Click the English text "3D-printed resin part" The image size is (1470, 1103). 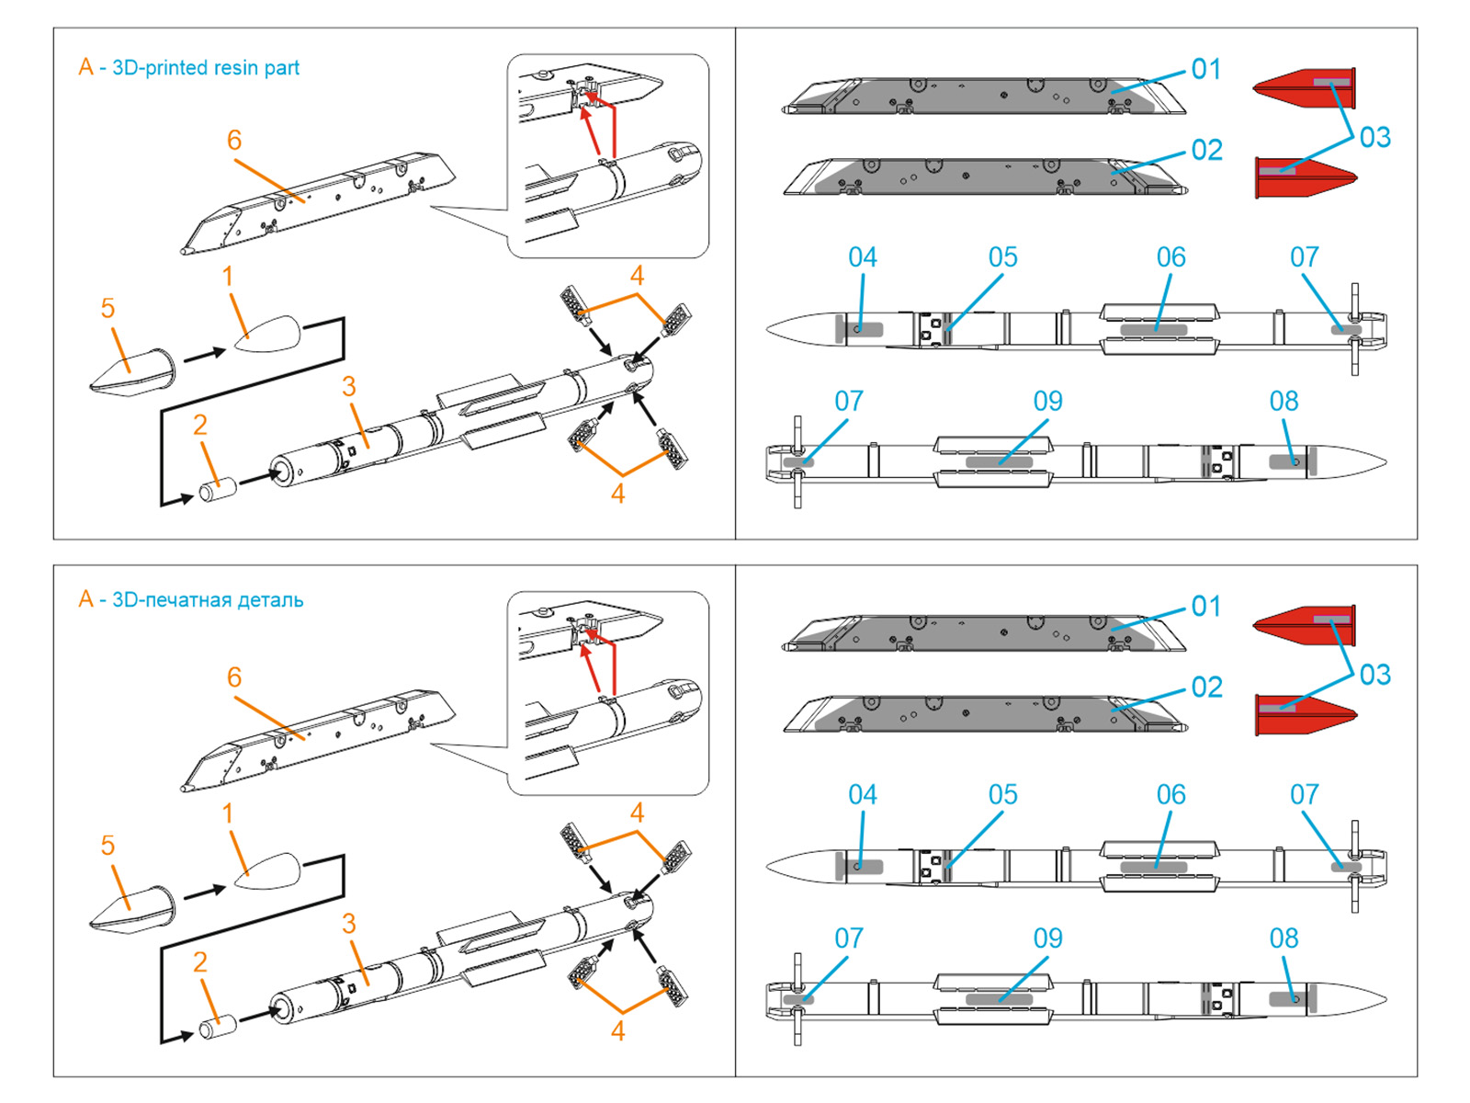tap(206, 68)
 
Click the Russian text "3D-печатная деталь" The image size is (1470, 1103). tap(208, 600)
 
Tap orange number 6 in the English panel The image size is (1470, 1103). tap(234, 141)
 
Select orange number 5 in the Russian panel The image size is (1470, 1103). tap(107, 846)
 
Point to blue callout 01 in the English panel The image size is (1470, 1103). tap(1206, 69)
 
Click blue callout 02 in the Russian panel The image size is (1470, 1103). tap(1206, 688)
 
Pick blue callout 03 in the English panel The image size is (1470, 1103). tap(1374, 138)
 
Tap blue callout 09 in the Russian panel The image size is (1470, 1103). tap(1047, 938)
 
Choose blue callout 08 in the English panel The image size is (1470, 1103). tap(1283, 402)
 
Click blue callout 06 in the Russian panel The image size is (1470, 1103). tap(1170, 794)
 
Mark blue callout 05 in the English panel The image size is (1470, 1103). tap(1002, 257)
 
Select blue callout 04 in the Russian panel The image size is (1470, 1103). tap(862, 794)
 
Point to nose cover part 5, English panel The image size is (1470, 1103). tap(133, 372)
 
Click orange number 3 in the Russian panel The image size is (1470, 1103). tap(348, 924)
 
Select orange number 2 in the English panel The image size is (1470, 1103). tap(199, 426)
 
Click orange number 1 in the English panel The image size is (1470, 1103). tap(227, 277)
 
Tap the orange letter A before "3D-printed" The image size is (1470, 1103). tap(85, 67)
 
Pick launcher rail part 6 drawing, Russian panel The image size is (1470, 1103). tap(317, 740)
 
